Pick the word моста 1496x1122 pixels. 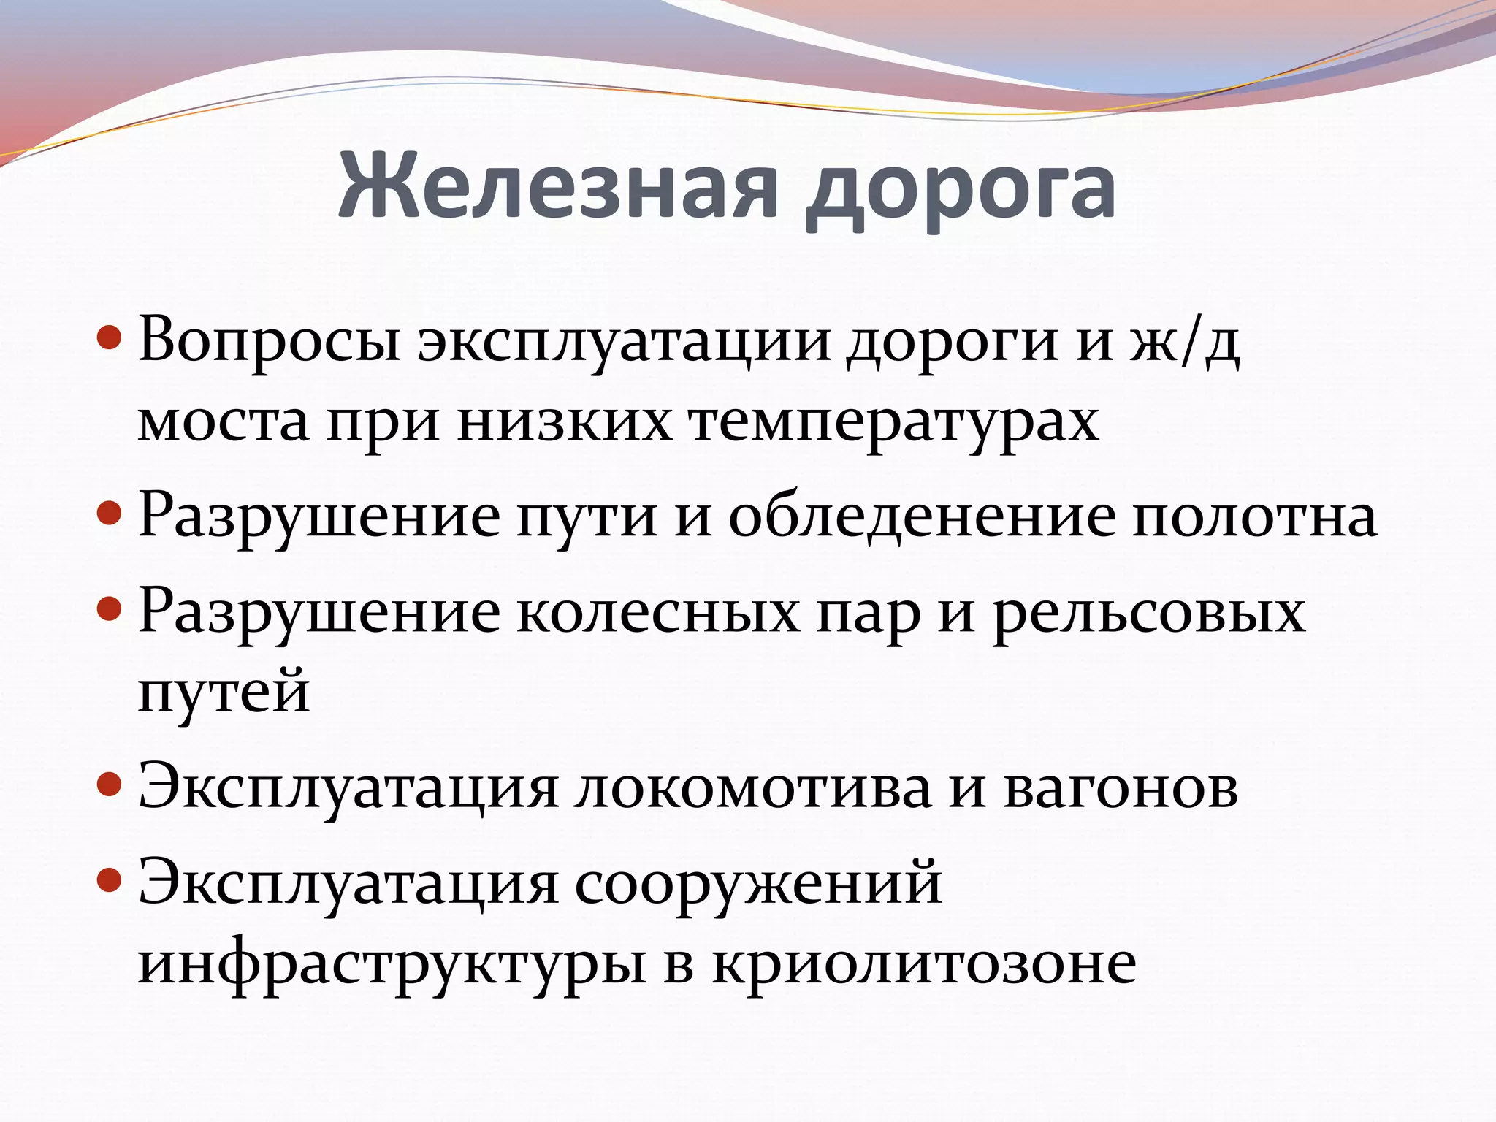pos(224,424)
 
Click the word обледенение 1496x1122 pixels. pos(922,515)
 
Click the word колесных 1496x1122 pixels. pos(658,612)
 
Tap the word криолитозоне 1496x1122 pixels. pos(924,963)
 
